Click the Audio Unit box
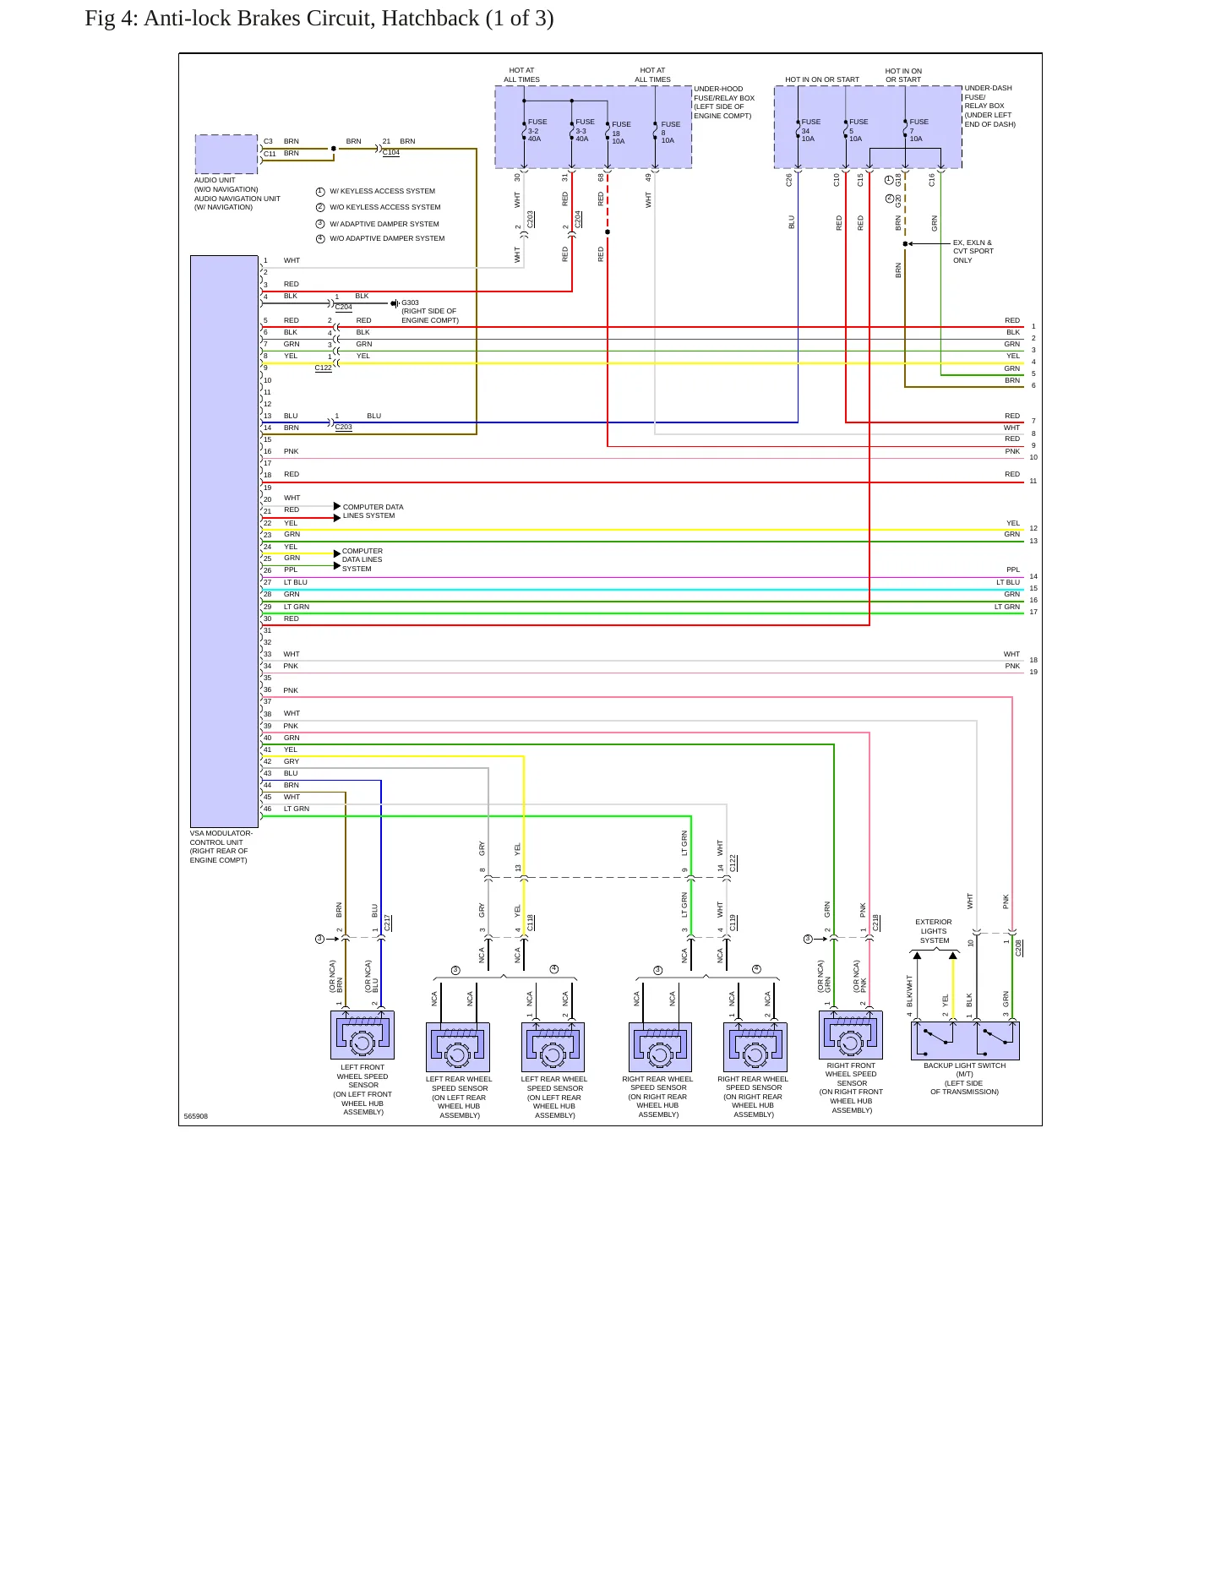tap(226, 154)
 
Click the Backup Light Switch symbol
tap(965, 1041)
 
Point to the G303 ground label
tap(410, 302)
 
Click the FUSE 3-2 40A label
tap(537, 130)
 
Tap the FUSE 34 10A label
tap(810, 130)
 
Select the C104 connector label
tap(390, 153)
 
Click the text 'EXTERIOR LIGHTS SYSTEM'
tap(934, 931)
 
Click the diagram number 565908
tap(196, 1116)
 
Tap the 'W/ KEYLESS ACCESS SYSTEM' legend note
tap(382, 191)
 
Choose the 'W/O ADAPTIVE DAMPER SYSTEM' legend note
tap(387, 238)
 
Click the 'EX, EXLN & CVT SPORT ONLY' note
tap(973, 252)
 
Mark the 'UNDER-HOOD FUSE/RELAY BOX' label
tap(724, 102)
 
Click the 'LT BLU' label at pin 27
tap(296, 582)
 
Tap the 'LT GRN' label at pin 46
tap(297, 809)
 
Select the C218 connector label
tap(876, 923)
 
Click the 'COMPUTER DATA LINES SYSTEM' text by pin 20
tap(373, 511)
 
